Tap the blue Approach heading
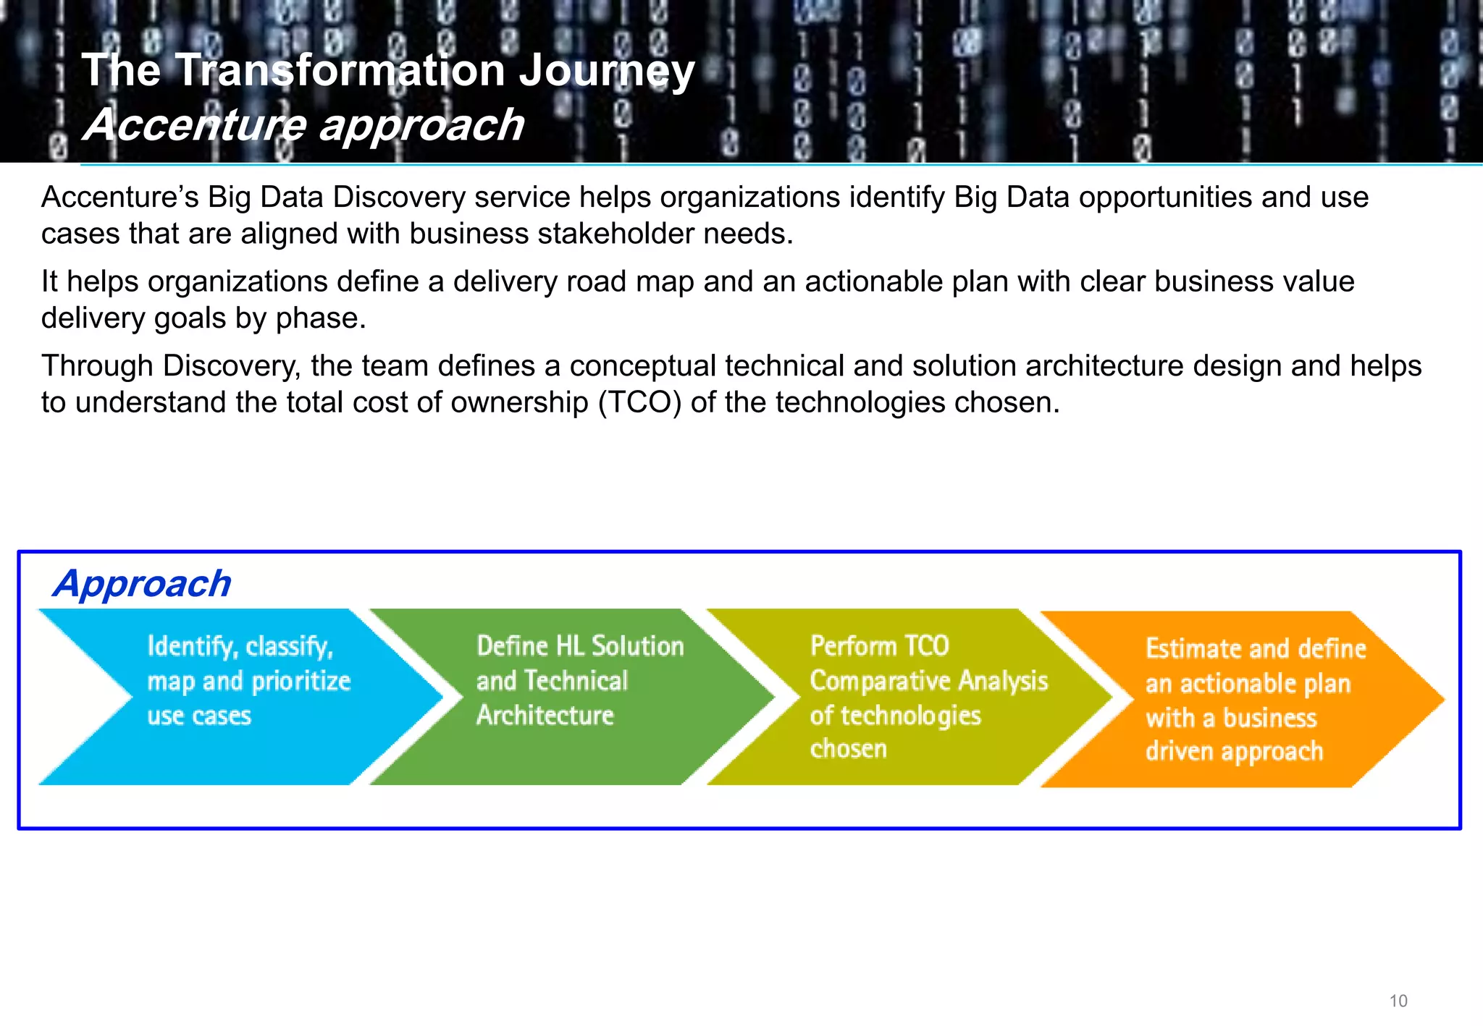[x=142, y=583]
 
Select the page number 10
[x=1398, y=1001]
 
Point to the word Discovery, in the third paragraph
[x=232, y=366]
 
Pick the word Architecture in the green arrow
[x=545, y=716]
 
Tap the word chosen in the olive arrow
[x=848, y=749]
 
